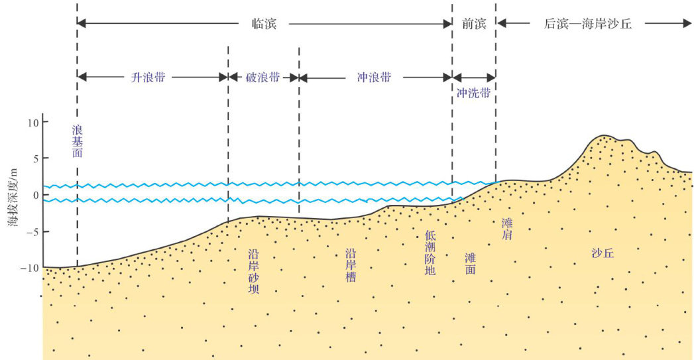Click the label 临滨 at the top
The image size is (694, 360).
(x=264, y=24)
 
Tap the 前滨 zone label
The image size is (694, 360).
(x=475, y=24)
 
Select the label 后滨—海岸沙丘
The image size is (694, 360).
(x=588, y=24)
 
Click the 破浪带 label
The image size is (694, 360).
(x=262, y=77)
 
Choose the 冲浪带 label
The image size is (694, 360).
(x=375, y=77)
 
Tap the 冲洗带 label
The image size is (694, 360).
(x=474, y=93)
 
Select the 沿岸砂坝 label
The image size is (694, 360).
(x=253, y=272)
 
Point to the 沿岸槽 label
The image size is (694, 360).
(x=351, y=265)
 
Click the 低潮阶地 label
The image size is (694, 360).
(x=430, y=253)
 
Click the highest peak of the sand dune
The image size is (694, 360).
(x=604, y=136)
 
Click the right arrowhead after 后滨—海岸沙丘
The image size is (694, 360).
(x=687, y=24)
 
